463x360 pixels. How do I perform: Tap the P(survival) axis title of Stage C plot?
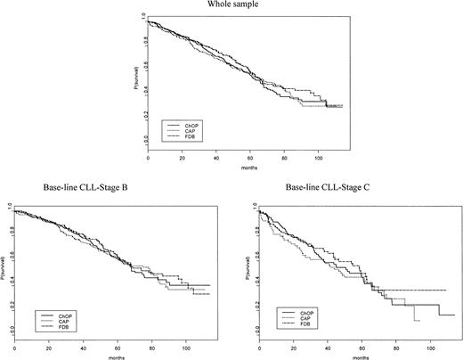tap(245, 269)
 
